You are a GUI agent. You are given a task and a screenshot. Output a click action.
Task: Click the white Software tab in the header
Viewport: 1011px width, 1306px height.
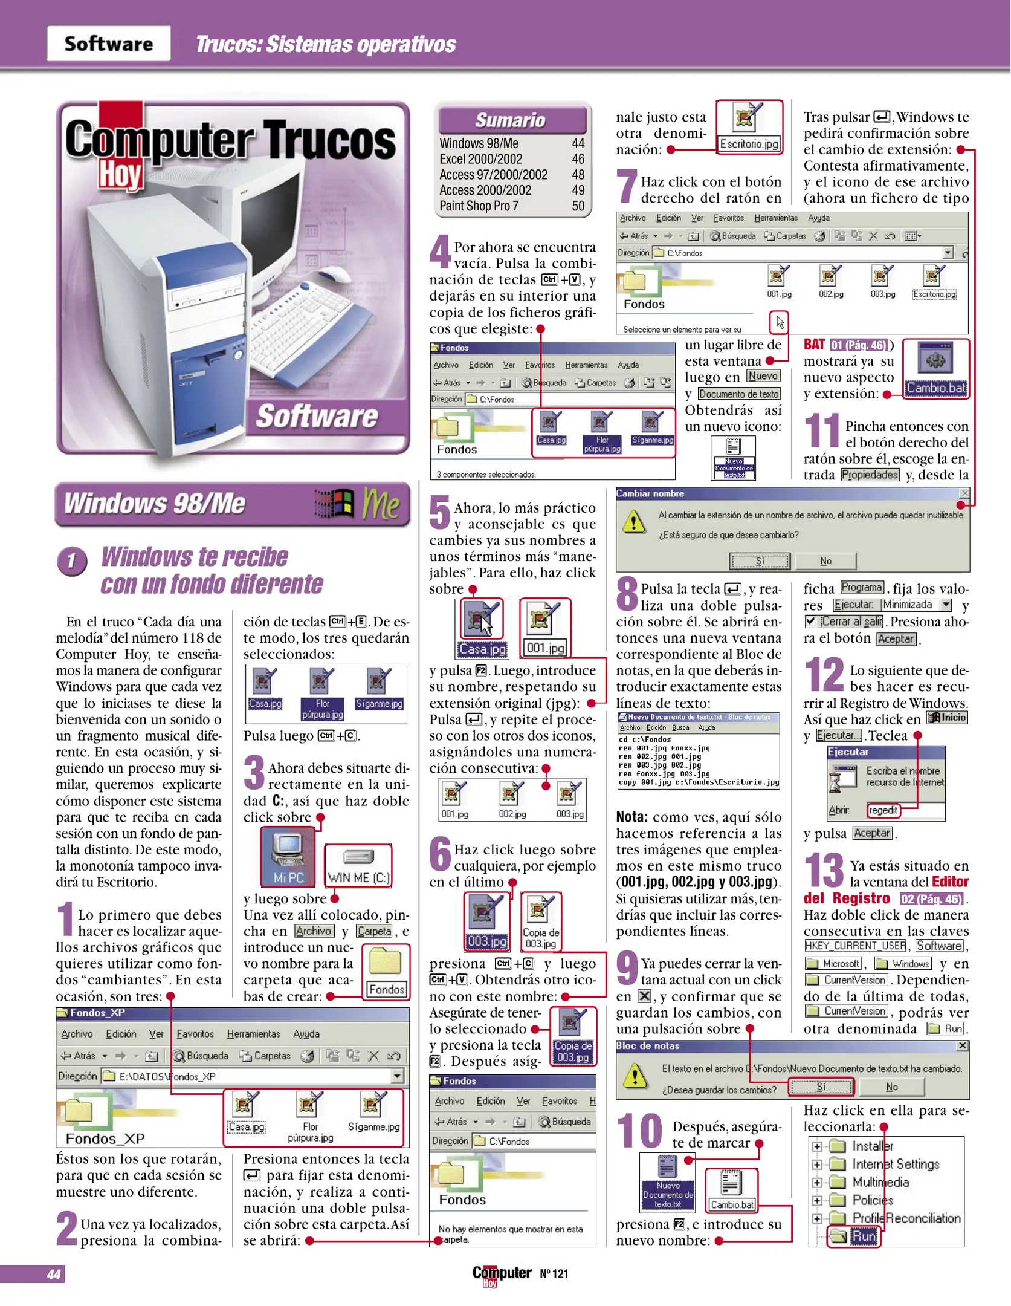[109, 44]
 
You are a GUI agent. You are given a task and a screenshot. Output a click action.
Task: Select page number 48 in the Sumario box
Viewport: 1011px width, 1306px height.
[578, 175]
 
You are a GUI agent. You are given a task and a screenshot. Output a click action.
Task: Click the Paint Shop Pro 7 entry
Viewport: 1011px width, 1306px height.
[479, 206]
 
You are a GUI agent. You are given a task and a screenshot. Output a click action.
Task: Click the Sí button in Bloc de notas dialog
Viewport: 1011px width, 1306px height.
[821, 1087]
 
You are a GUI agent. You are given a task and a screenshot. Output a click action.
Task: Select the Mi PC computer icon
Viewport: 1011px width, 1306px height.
[288, 856]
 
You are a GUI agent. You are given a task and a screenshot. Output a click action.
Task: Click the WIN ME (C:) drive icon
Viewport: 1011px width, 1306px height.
[358, 865]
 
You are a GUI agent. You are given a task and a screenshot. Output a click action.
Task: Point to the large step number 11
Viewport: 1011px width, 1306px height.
[821, 430]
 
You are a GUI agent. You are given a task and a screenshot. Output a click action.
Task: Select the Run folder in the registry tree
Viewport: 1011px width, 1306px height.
[863, 1236]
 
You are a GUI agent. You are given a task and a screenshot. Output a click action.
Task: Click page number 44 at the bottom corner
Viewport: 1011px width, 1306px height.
[53, 1274]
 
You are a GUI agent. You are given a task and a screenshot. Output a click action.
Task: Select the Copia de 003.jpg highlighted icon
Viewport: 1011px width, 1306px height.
[572, 1036]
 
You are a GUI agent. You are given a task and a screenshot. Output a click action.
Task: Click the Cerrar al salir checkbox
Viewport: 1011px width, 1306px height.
[810, 621]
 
